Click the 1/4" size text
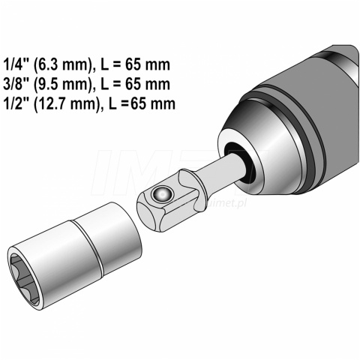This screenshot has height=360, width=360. pyautogui.click(x=16, y=64)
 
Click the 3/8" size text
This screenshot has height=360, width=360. pyautogui.click(x=16, y=84)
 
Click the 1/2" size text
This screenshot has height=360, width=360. pyautogui.click(x=16, y=103)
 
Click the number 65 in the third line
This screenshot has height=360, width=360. pyautogui.click(x=139, y=103)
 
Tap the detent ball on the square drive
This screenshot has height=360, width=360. pyautogui.click(x=162, y=193)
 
